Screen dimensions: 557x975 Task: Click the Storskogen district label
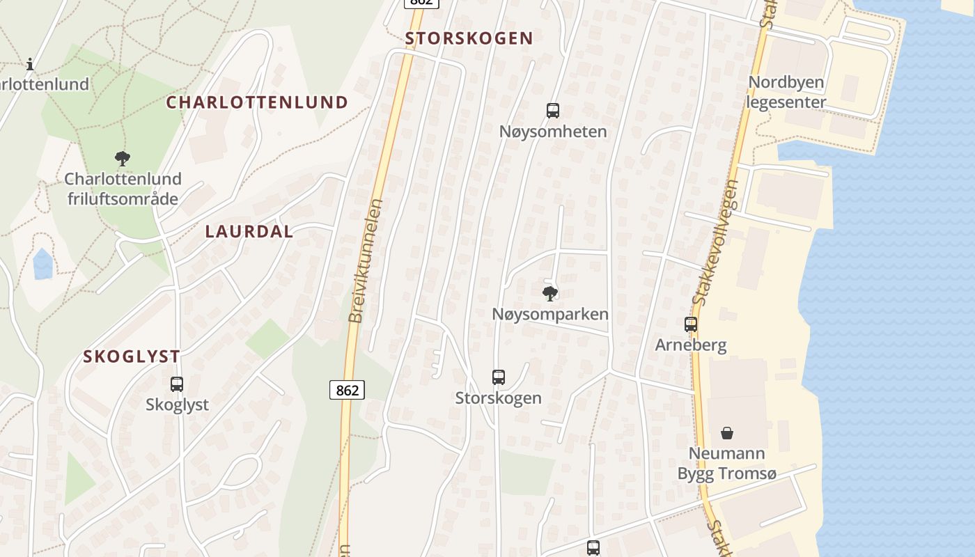(469, 38)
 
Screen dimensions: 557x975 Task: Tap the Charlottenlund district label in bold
(256, 102)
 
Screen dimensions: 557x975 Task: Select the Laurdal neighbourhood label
(249, 232)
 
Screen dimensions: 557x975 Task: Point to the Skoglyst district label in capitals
(132, 356)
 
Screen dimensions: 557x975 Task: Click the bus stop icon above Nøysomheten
(552, 110)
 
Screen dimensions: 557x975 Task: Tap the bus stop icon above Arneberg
(690, 324)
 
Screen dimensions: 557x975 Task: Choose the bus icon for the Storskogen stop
(498, 377)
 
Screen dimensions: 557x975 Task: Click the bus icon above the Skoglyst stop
(177, 384)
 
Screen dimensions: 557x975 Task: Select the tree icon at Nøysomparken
(549, 293)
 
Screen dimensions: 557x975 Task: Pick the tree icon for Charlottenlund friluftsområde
(123, 159)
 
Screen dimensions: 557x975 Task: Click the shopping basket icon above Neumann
(726, 433)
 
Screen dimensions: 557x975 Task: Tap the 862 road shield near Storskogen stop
(347, 390)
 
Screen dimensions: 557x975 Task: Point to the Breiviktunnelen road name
(366, 261)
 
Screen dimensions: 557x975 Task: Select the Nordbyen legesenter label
(786, 92)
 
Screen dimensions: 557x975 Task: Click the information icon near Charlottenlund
(30, 65)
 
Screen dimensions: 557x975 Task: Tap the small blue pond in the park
(43, 264)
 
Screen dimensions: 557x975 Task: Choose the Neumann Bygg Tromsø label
(726, 464)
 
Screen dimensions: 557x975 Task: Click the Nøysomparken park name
(549, 314)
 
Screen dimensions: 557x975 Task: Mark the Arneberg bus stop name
(690, 345)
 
